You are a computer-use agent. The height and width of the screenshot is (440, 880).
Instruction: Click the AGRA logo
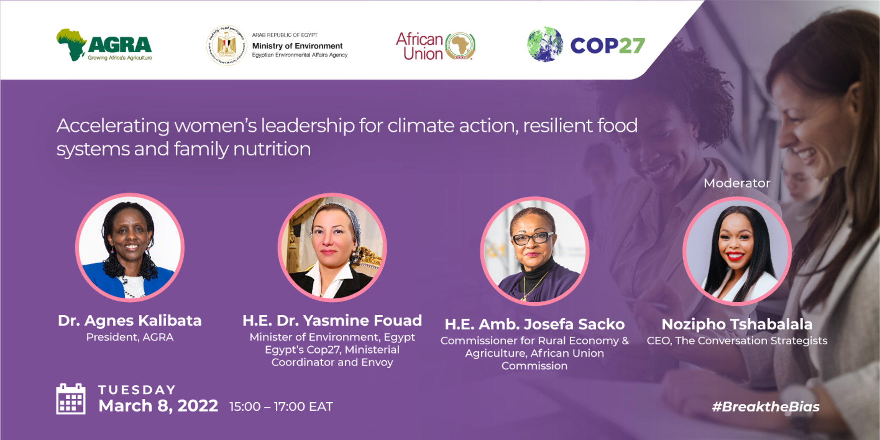pyautogui.click(x=104, y=45)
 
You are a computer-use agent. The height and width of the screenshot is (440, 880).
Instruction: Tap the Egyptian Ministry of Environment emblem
pyautogui.click(x=226, y=45)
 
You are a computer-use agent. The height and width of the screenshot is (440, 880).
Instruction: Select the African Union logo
pyautogui.click(x=436, y=46)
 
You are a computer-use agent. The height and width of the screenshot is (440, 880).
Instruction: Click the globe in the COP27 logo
pyautogui.click(x=545, y=44)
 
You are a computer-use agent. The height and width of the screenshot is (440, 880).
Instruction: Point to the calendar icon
pyautogui.click(x=71, y=399)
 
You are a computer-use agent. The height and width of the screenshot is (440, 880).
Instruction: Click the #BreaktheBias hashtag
pyautogui.click(x=766, y=407)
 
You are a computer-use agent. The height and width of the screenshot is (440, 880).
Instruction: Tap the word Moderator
pyautogui.click(x=737, y=183)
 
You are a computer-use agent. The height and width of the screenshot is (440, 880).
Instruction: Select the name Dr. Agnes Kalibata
pyautogui.click(x=130, y=320)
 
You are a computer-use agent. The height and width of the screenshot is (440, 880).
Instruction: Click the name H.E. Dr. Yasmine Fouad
pyautogui.click(x=332, y=320)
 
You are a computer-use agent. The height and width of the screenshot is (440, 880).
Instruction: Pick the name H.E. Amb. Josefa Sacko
pyautogui.click(x=535, y=324)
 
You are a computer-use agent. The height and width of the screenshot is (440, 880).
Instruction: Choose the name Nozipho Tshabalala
pyautogui.click(x=737, y=324)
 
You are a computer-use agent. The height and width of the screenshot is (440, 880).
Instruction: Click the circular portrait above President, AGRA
pyautogui.click(x=130, y=247)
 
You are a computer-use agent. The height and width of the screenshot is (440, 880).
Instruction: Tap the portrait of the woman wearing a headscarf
pyautogui.click(x=332, y=247)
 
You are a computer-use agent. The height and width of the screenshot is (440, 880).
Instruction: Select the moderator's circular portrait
pyautogui.click(x=737, y=251)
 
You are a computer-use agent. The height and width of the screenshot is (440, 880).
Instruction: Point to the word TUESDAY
pyautogui.click(x=137, y=390)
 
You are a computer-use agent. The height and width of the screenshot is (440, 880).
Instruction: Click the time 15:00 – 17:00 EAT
pyautogui.click(x=281, y=407)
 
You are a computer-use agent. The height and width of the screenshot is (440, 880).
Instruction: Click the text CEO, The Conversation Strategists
pyautogui.click(x=737, y=341)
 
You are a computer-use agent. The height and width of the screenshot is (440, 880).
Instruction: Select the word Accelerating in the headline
pyautogui.click(x=113, y=126)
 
